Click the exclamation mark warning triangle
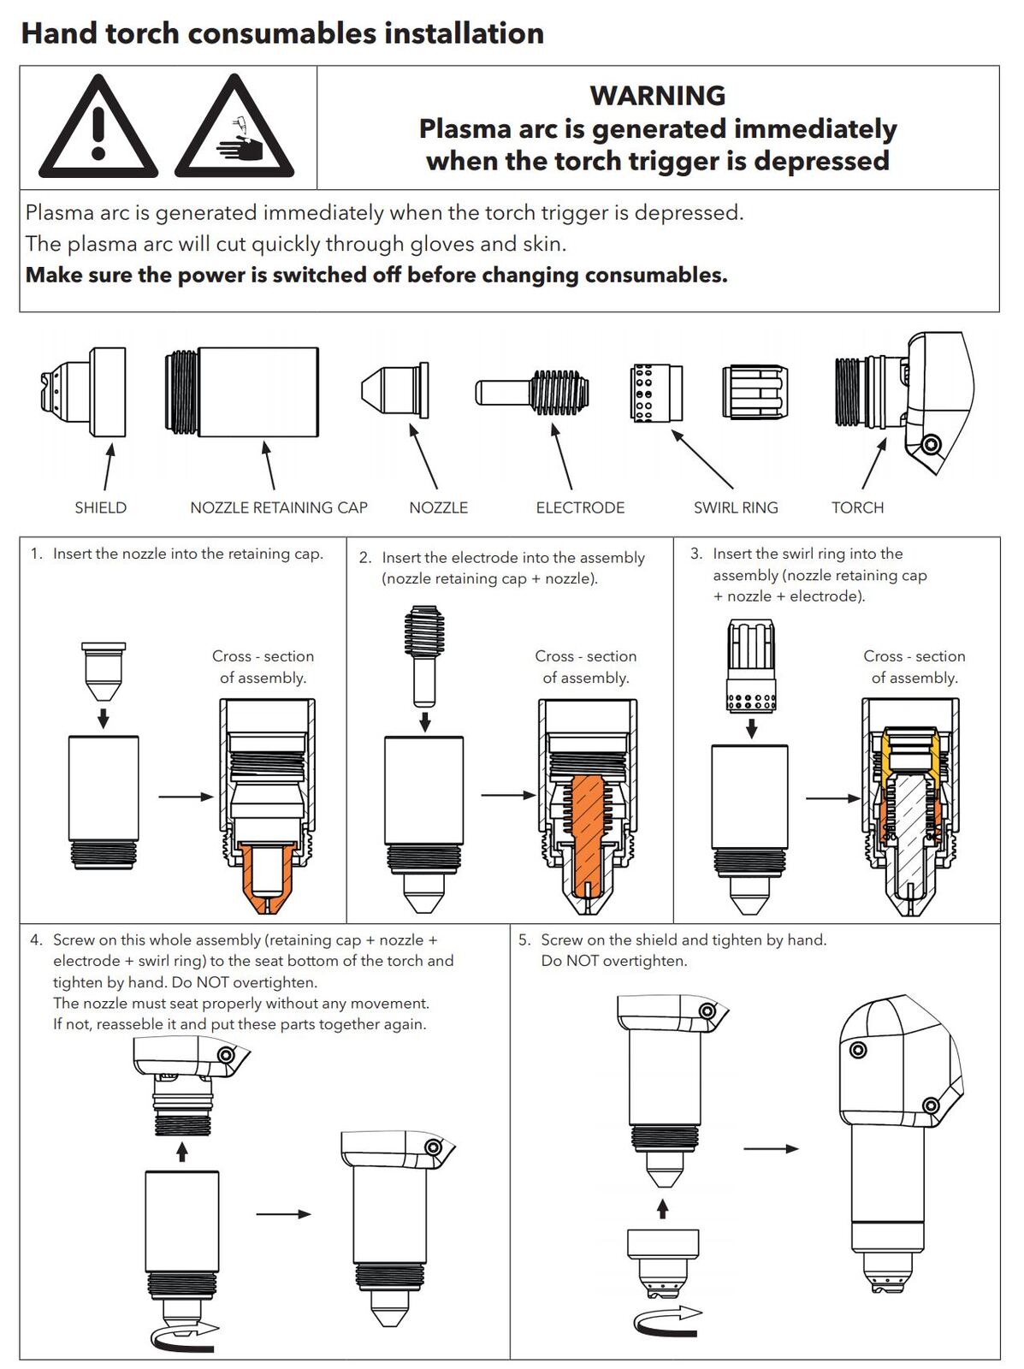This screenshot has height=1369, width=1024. [98, 128]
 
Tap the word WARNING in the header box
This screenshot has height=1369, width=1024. [657, 95]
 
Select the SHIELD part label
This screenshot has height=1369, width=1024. [100, 507]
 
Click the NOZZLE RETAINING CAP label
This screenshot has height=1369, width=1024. [279, 507]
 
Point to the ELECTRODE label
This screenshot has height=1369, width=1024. [580, 507]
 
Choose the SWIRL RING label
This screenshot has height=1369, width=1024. [736, 507]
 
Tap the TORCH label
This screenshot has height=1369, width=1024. [857, 507]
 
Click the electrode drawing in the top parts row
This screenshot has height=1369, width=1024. [532, 393]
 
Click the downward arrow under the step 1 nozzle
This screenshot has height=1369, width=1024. [103, 717]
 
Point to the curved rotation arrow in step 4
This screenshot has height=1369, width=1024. [182, 1334]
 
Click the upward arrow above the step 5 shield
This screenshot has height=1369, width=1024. [662, 1208]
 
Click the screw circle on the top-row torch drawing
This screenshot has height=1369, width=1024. [932, 445]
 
